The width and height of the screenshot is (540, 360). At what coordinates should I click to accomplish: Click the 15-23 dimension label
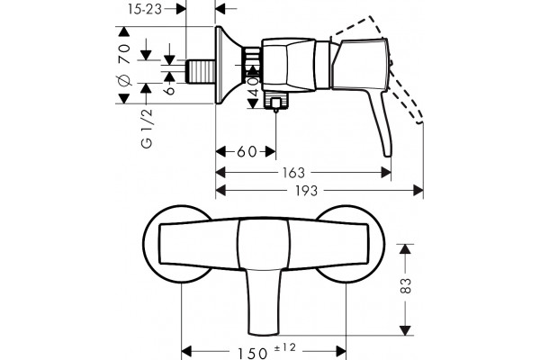[145, 9]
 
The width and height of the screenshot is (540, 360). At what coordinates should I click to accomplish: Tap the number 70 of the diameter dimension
[124, 53]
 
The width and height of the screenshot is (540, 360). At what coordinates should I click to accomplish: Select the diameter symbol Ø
[124, 80]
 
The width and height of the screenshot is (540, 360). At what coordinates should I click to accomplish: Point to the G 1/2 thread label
[147, 129]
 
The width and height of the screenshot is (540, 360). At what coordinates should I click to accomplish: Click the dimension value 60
[247, 151]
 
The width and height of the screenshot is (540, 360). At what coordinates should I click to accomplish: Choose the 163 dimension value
[293, 173]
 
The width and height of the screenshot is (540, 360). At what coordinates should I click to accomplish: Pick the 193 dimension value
[306, 191]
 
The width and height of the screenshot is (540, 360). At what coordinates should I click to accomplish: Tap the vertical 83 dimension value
[407, 285]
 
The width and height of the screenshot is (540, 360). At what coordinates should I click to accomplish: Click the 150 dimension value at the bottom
[252, 353]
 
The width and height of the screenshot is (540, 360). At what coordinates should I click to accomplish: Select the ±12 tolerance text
[285, 347]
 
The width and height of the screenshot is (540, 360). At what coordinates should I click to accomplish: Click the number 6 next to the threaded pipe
[170, 90]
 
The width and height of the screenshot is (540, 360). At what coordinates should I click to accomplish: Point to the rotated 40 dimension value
[254, 86]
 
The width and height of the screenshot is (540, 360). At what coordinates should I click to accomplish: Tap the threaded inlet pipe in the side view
[201, 72]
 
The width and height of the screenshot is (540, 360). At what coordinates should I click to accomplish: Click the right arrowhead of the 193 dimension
[418, 190]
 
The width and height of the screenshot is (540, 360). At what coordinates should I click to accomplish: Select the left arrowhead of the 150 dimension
[186, 352]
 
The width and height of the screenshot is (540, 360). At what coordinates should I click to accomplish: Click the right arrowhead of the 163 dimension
[386, 172]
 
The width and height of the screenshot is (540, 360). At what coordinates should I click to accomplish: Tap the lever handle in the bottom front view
[264, 301]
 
